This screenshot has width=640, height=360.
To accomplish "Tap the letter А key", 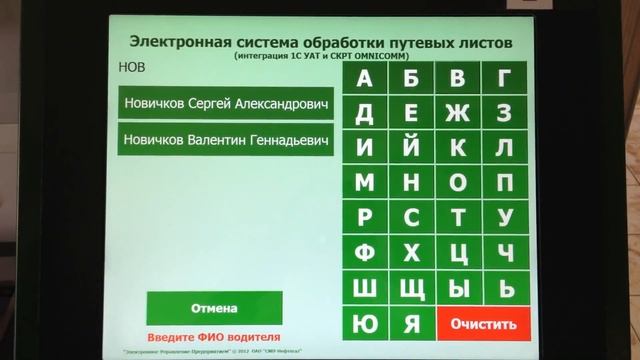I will (364, 78).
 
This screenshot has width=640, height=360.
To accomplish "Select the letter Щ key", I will (411, 288).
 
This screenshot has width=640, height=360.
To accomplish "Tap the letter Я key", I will (411, 323).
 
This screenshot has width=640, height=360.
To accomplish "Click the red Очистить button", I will (483, 323).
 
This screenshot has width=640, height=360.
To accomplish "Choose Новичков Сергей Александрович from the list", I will (225, 103).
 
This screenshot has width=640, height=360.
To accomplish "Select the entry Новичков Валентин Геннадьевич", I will (225, 140).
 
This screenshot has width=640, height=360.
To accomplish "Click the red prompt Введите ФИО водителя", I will (214, 337).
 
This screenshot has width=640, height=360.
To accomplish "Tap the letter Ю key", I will (364, 323).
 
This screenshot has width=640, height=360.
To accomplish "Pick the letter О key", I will (458, 182).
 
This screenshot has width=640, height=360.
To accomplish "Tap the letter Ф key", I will (364, 252).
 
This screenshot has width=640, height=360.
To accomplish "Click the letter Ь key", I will (506, 288).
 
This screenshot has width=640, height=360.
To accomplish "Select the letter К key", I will (458, 147).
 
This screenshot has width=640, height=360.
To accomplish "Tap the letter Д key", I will (364, 112).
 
